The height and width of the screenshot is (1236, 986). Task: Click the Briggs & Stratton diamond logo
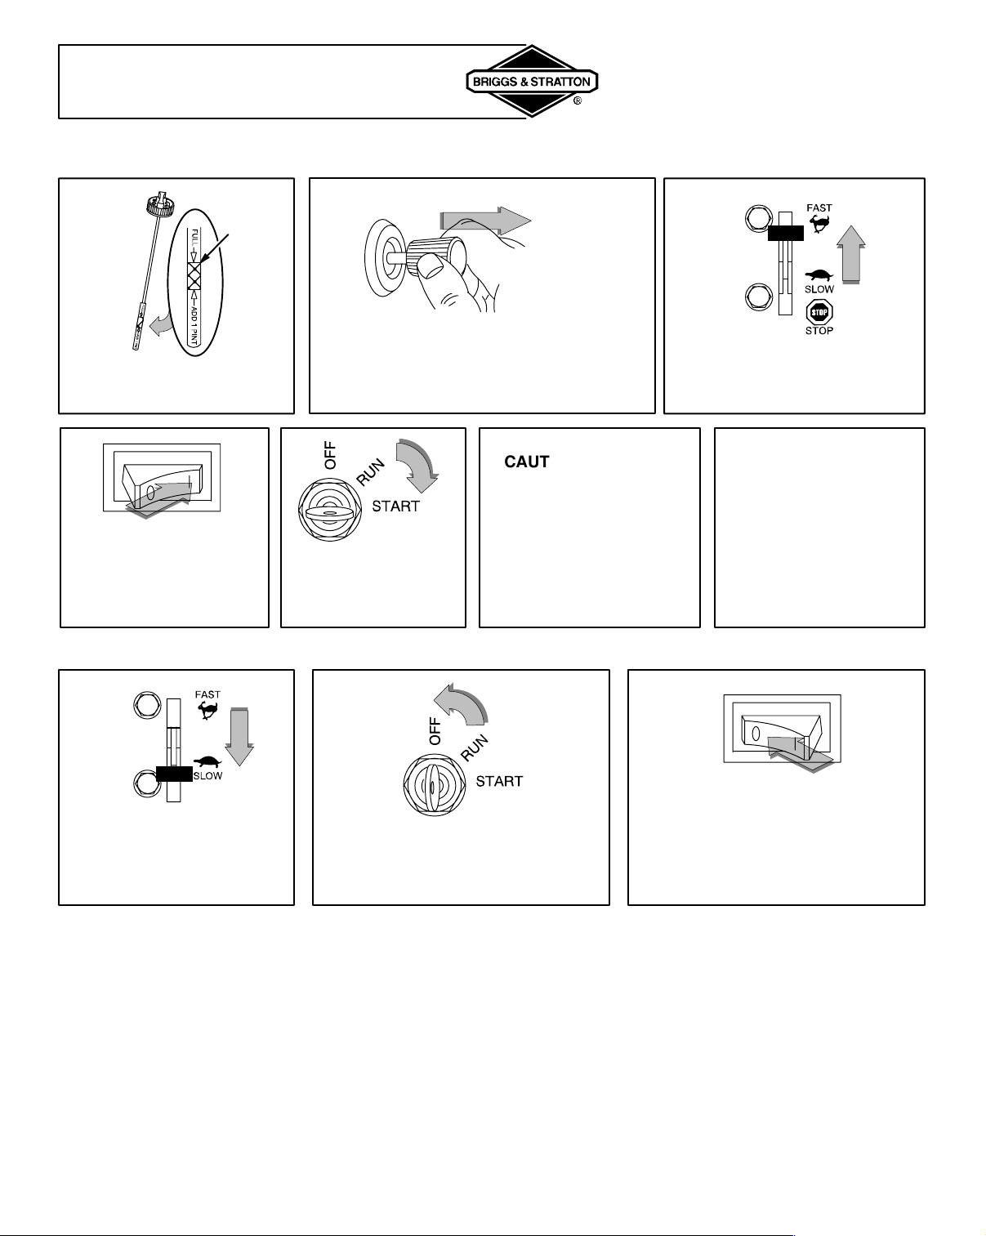click(532, 81)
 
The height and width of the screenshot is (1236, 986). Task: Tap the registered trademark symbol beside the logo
click(578, 101)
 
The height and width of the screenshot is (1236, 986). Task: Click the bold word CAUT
click(527, 462)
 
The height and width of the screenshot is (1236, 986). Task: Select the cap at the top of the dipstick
click(160, 204)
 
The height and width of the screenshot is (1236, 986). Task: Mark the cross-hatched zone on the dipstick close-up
click(194, 275)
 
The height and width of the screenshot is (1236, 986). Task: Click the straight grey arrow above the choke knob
click(485, 221)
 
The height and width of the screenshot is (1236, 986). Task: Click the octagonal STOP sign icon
click(819, 312)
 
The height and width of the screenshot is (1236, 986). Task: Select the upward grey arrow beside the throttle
click(851, 254)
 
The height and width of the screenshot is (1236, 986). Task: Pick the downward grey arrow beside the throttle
click(239, 737)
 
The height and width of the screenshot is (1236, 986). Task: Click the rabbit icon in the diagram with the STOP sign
click(819, 223)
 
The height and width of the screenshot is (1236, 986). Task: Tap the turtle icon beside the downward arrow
click(207, 762)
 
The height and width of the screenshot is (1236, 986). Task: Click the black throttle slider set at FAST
click(786, 233)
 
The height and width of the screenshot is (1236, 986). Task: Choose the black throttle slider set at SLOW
click(174, 774)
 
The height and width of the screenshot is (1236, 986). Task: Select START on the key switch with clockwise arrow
click(395, 506)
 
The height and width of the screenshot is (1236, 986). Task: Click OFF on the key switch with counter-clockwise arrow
click(435, 731)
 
